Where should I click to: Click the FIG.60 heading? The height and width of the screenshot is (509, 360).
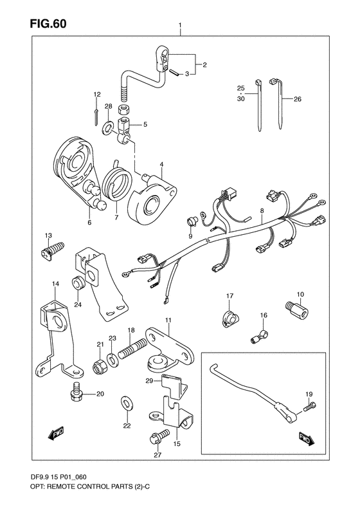(x=48, y=23)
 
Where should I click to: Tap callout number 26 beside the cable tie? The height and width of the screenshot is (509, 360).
(x=298, y=99)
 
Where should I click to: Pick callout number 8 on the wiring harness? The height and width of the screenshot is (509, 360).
(x=262, y=210)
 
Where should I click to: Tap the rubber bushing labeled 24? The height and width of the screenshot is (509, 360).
(x=78, y=283)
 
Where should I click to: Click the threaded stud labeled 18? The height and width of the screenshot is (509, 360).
(x=132, y=349)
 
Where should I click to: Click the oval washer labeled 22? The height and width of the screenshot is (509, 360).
(x=127, y=403)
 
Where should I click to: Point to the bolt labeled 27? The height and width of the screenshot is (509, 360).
(x=159, y=436)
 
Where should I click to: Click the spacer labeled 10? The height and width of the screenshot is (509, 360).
(x=296, y=310)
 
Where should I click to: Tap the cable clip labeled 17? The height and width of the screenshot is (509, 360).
(x=231, y=318)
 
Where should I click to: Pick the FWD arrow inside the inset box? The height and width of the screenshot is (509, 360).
(x=306, y=439)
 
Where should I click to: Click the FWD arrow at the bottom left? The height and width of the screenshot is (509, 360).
(x=57, y=434)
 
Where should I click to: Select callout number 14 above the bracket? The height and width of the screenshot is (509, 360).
(x=55, y=284)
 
